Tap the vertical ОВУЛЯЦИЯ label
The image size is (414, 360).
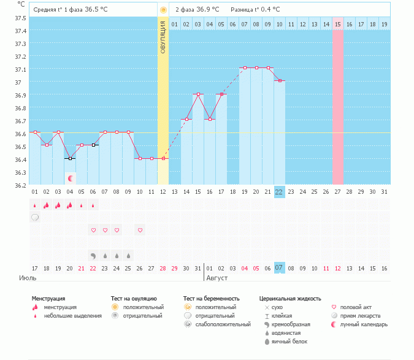[x=163, y=37]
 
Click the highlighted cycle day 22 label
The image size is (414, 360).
[x=279, y=192]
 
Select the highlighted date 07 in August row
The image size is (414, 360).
[x=279, y=268]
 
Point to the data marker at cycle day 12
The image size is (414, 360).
[x=163, y=158]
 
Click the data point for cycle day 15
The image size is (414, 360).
[x=197, y=94]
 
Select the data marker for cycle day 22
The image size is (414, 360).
[x=279, y=81]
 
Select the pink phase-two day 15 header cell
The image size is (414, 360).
[x=337, y=24]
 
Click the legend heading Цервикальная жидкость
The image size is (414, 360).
[x=290, y=299]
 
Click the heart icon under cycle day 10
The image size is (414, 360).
[x=140, y=230]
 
